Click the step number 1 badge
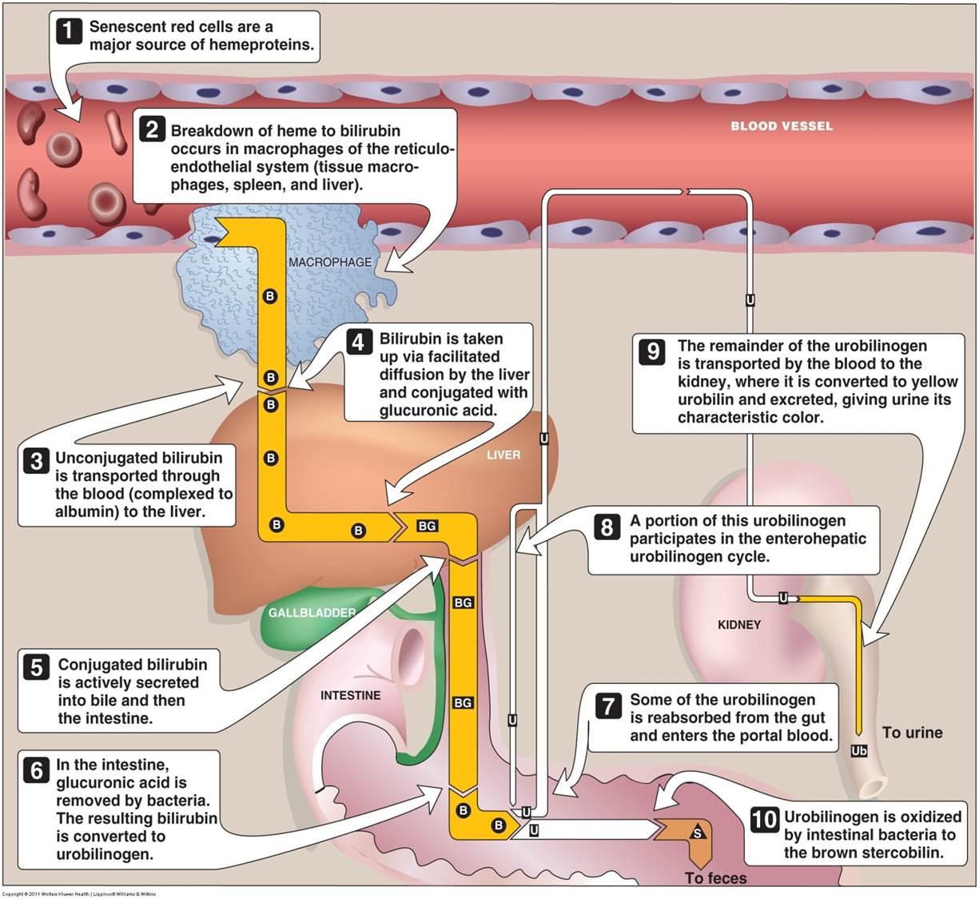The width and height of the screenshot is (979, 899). point(69,30)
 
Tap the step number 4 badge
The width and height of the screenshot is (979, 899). point(359,342)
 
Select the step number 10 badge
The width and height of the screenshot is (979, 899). point(764,821)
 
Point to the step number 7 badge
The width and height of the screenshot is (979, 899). point(607,706)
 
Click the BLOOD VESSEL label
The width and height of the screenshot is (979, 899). point(782,126)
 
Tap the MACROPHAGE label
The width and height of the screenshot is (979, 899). point(330,262)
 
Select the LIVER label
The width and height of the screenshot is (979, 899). point(503,455)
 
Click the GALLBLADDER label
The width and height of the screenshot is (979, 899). point(312,612)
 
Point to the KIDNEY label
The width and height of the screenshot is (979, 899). point(739,625)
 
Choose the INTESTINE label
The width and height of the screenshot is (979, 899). point(350,695)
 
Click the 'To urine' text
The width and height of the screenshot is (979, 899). point(912,733)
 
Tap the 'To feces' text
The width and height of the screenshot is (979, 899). point(715,878)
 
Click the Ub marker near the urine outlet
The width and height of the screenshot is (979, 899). point(858,751)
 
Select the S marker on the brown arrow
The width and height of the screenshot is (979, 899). point(698,833)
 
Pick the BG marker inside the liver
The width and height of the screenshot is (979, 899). point(427,526)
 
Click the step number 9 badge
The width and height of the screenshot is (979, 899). point(652,351)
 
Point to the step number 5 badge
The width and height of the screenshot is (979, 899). point(37,667)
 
